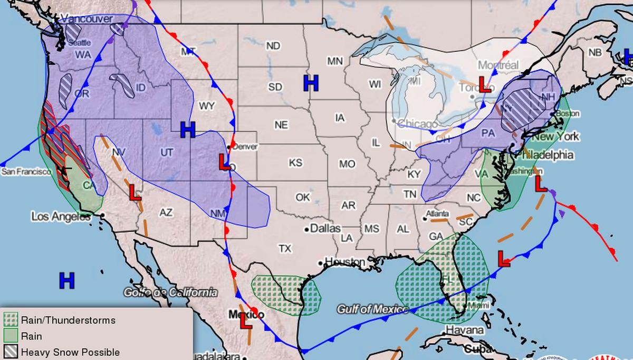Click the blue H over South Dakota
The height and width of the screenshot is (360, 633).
pos(311,83)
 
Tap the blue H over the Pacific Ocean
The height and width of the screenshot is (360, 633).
pos(67,281)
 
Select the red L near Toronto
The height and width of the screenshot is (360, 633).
pos(484,84)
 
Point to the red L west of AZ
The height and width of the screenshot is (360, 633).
pos(135,193)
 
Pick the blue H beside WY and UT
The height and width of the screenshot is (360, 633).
pos(188,129)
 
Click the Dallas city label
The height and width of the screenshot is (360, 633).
pos(325,229)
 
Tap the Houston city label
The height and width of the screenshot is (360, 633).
pos(344,262)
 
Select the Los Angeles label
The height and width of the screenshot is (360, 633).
pos(61,216)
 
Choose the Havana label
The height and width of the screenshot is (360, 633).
pos(465,330)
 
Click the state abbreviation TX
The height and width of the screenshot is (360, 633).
pos(285,248)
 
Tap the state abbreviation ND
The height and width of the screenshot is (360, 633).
pos(273,46)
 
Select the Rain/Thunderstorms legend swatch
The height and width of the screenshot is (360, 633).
pos(11,320)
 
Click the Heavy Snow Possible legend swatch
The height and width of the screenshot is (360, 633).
pos(11,352)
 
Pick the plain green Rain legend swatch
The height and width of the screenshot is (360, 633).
pos(11,336)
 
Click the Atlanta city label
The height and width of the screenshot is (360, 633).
pos(438,214)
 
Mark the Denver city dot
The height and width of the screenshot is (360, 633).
pos(229,147)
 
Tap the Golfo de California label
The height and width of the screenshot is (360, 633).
pos(170,292)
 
